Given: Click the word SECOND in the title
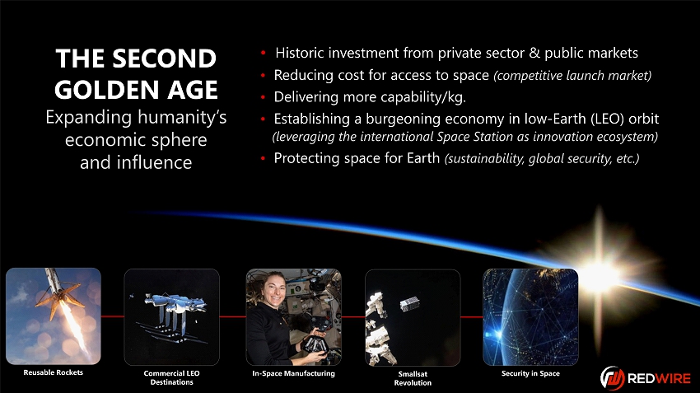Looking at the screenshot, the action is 164,58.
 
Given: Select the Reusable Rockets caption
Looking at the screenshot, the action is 54,372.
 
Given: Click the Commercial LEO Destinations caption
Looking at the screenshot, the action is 171,377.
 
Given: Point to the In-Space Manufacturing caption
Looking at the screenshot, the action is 293,373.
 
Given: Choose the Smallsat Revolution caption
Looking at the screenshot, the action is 413,378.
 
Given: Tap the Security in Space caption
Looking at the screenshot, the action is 530,373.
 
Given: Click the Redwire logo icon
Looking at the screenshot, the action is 612,378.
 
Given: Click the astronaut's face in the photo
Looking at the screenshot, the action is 274,290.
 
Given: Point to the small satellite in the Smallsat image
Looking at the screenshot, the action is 409,305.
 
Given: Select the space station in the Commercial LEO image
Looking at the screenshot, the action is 175,305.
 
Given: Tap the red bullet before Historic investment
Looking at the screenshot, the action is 264,54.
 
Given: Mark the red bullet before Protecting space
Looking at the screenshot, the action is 264,158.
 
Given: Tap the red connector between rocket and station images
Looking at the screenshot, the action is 113,316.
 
